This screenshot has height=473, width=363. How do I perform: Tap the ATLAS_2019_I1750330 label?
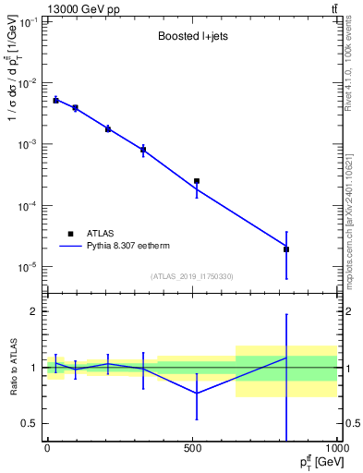point(191,276)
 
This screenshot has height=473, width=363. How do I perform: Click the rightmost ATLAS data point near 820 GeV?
point(286,249)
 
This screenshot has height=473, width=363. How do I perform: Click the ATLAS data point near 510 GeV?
point(197,181)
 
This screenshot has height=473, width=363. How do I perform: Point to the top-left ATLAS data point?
point(55,100)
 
